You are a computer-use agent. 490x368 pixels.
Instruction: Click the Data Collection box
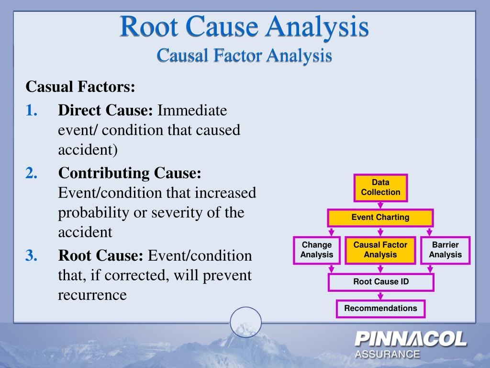pyautogui.click(x=380, y=187)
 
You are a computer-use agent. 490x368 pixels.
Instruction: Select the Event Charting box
pyautogui.click(x=380, y=218)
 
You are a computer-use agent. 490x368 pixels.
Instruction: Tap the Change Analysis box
pyautogui.click(x=316, y=250)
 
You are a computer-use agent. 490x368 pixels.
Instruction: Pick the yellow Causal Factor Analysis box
pyautogui.click(x=380, y=250)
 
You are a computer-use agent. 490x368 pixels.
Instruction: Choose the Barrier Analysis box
pyautogui.click(x=445, y=250)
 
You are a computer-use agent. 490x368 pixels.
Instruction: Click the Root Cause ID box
pyautogui.click(x=381, y=282)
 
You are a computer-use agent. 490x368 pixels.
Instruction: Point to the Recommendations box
pyautogui.click(x=380, y=309)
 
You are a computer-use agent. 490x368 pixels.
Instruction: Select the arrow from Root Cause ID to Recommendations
pyautogui.click(x=380, y=296)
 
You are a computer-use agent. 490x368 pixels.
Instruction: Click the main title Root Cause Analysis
pyautogui.click(x=244, y=27)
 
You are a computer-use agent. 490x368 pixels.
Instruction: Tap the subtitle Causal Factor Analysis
pyautogui.click(x=244, y=56)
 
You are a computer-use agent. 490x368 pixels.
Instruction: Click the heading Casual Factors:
pyautogui.click(x=80, y=87)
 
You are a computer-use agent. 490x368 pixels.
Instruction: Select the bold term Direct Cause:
pyautogui.click(x=105, y=111)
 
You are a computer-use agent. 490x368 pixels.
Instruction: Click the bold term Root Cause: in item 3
pyautogui.click(x=100, y=255)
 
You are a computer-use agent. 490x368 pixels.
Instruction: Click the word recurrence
pyautogui.click(x=92, y=295)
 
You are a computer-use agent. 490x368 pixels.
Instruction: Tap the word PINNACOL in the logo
pyautogui.click(x=411, y=340)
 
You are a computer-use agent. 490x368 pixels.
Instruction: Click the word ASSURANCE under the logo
pyautogui.click(x=387, y=355)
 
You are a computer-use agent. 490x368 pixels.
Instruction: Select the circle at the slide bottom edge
pyautogui.click(x=245, y=322)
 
